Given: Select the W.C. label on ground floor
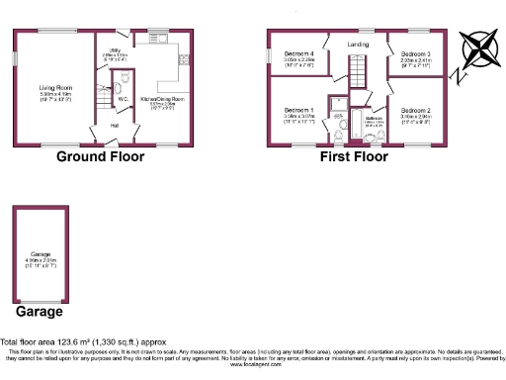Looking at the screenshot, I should point(123,98).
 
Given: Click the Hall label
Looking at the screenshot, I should point(114,126).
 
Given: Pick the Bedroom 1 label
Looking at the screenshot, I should point(298,109).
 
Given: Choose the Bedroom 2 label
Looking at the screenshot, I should point(415,110).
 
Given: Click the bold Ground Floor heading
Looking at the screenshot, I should point(103,156).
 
